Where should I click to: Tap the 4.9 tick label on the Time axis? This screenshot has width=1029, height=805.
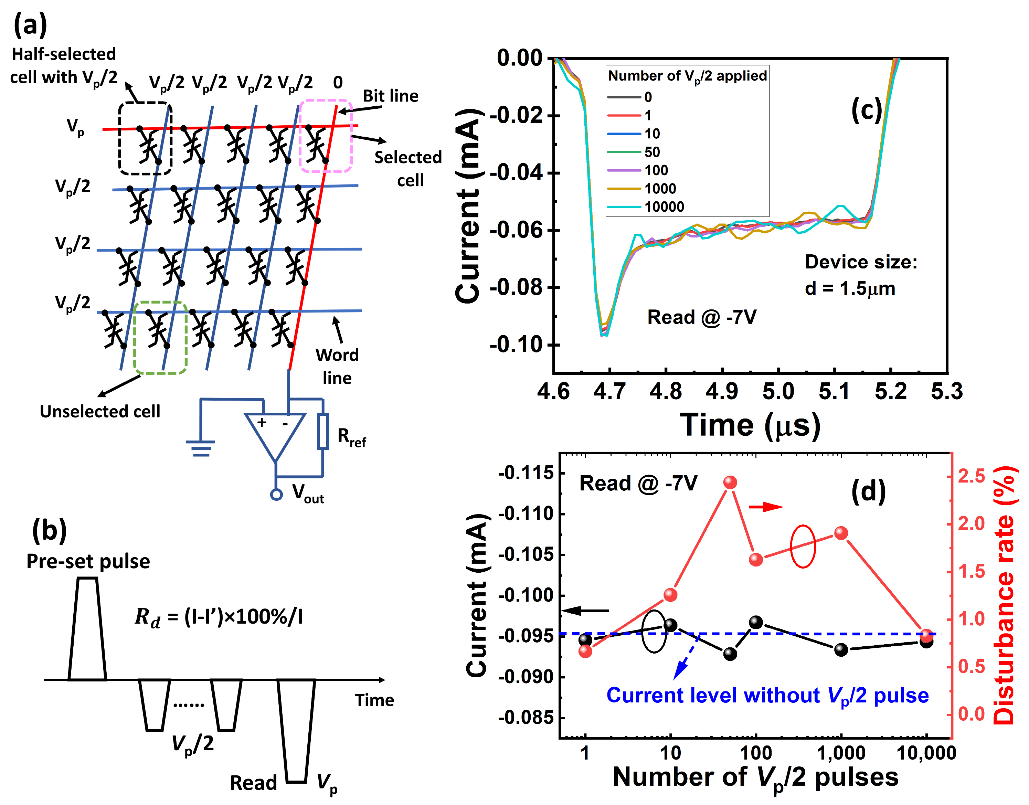(722, 392)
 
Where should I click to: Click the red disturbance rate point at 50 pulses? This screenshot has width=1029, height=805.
(730, 482)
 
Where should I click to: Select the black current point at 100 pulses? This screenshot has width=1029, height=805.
(756, 623)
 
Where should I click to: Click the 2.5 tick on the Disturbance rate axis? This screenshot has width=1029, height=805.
(972, 476)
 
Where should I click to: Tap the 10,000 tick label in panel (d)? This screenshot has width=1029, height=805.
(926, 753)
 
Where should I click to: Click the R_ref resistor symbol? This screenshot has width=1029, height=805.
(323, 431)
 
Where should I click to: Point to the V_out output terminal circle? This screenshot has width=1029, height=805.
(277, 495)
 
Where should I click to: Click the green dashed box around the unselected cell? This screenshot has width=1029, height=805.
(161, 338)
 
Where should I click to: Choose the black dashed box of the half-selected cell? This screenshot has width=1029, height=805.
(145, 139)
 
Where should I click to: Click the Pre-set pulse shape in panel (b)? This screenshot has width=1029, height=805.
(87, 629)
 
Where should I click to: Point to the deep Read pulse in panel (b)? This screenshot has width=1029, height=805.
(296, 731)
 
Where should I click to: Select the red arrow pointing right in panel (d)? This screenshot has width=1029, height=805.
(766, 507)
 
